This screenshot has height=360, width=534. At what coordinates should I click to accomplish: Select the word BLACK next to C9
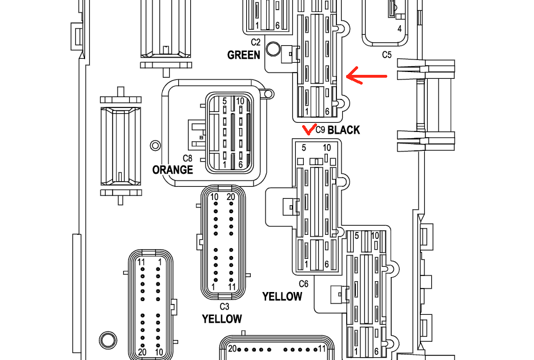click(x=344, y=130)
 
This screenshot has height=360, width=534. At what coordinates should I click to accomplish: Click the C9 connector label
click(x=320, y=130)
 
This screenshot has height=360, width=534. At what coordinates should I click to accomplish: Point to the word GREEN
click(x=244, y=55)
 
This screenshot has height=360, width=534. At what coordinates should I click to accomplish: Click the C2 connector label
click(x=255, y=42)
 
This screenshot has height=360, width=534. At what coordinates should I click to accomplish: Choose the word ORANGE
click(x=172, y=170)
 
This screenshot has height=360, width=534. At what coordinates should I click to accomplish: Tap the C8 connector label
click(x=187, y=158)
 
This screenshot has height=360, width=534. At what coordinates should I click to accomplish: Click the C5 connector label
click(x=387, y=55)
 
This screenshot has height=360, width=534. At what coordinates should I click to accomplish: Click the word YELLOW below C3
click(x=222, y=319)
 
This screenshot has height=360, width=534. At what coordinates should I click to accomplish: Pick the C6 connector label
click(x=303, y=284)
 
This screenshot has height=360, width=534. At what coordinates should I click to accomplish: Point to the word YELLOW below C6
click(x=282, y=297)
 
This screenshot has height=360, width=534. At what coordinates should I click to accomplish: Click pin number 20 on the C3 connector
click(x=231, y=197)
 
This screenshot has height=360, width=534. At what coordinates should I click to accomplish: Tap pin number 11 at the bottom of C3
click(x=232, y=286)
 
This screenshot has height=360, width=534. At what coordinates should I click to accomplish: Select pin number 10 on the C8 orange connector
click(x=240, y=101)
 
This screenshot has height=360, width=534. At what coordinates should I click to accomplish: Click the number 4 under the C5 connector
click(x=399, y=28)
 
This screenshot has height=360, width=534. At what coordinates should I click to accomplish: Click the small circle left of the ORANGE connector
click(x=154, y=145)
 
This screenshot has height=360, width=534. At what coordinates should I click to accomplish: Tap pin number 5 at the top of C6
click(x=304, y=148)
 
